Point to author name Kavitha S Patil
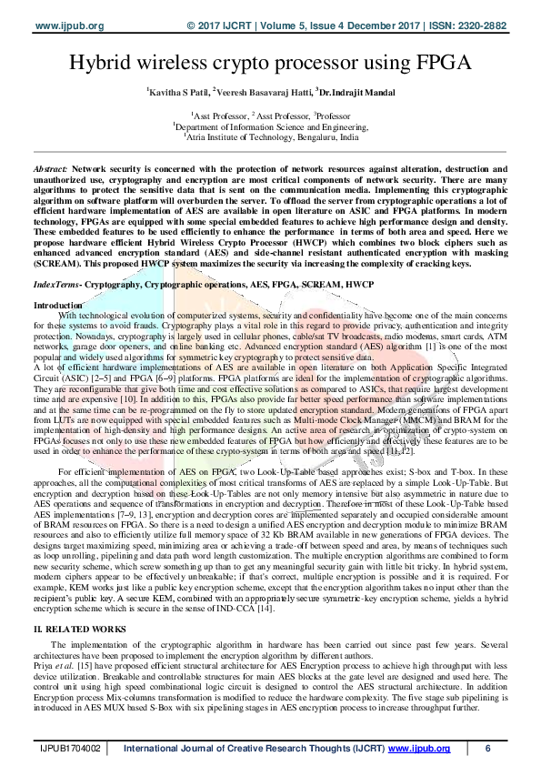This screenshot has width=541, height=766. pyautogui.click(x=177, y=92)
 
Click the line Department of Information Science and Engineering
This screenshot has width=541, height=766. pyautogui.click(x=270, y=128)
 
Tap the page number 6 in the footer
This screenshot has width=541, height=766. pyautogui.click(x=488, y=749)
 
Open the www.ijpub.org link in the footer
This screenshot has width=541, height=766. pyautogui.click(x=419, y=749)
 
